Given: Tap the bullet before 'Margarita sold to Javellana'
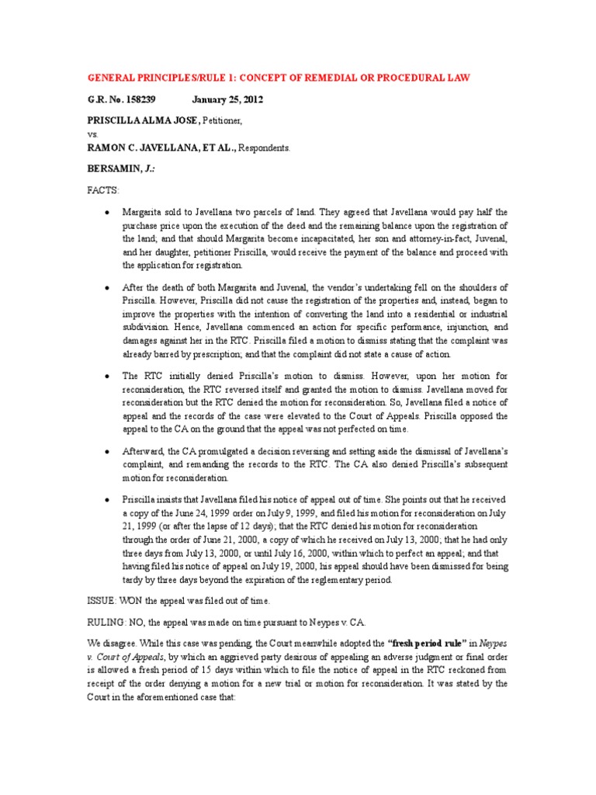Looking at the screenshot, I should pos(105,212).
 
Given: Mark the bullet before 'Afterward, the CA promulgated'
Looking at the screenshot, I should pos(105,450).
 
